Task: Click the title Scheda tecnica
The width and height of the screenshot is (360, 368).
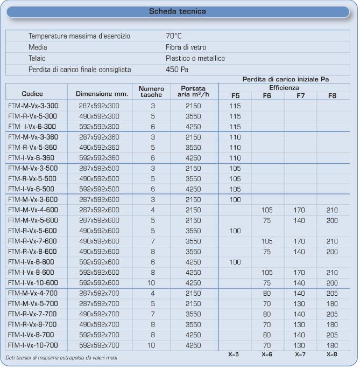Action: [180, 10]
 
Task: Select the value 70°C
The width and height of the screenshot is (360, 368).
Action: [174, 36]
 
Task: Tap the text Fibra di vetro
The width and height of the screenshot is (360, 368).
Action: [186, 47]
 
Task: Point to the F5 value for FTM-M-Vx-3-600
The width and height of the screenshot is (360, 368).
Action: [235, 199]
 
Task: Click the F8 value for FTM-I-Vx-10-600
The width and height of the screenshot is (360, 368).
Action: [333, 282]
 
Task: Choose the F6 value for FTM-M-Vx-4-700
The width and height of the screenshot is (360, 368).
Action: [267, 294]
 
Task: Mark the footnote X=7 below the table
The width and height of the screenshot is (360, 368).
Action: [300, 355]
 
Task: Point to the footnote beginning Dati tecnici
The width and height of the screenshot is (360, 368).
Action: [62, 357]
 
